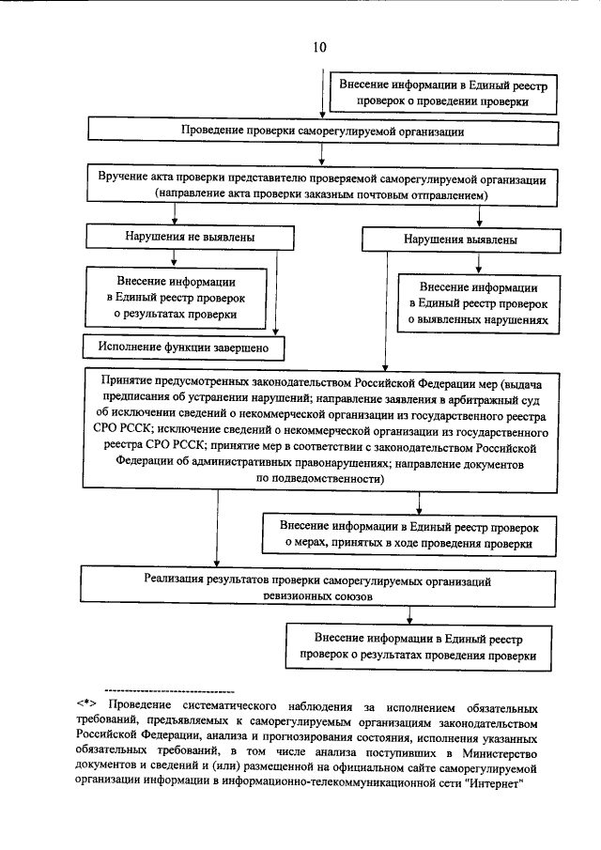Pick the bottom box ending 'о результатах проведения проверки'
click(x=419, y=645)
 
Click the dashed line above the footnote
click(x=169, y=690)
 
